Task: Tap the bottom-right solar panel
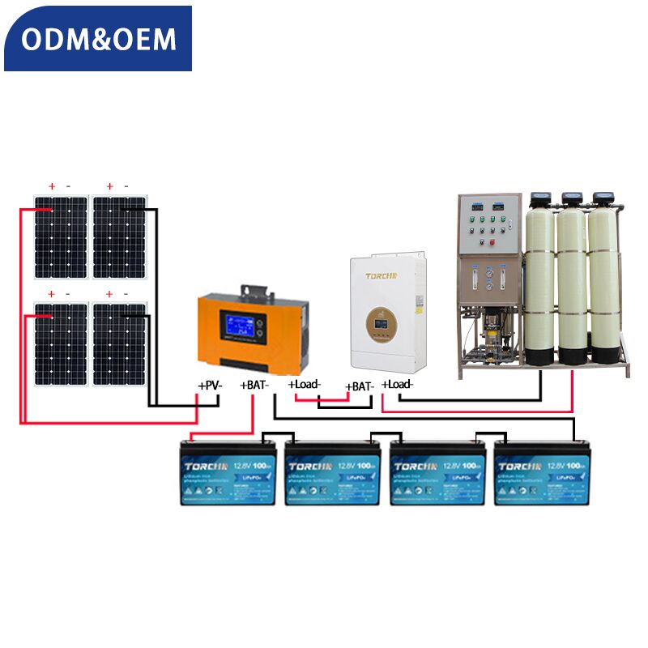(x=120, y=343)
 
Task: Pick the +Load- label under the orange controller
(x=305, y=384)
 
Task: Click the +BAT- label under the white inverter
(x=360, y=386)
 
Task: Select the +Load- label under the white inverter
(x=397, y=384)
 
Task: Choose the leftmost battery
(x=228, y=474)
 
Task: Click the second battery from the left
(x=332, y=474)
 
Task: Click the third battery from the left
(x=437, y=474)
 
